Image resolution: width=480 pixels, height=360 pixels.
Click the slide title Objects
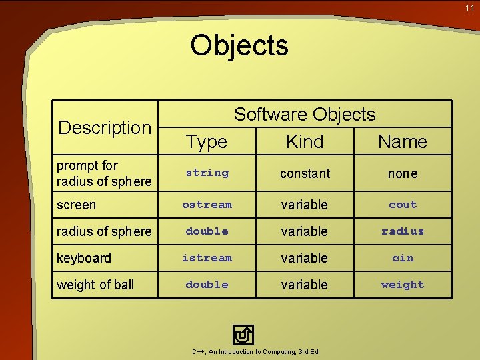click(x=239, y=45)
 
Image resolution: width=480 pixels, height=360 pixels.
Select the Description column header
click(x=105, y=127)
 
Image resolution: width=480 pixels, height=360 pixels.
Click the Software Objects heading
click(x=305, y=115)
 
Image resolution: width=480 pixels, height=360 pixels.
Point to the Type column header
click(x=207, y=141)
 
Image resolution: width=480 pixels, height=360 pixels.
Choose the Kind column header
click(x=305, y=141)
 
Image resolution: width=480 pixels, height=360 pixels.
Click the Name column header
click(x=402, y=141)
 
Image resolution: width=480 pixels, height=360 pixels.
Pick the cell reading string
click(x=207, y=173)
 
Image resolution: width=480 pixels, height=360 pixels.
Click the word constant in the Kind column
click(x=305, y=173)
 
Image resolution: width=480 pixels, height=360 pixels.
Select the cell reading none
click(x=403, y=173)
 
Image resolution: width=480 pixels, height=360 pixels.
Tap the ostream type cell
click(x=207, y=205)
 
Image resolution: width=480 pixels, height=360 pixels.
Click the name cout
click(x=403, y=205)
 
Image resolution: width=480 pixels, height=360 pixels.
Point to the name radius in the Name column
click(x=403, y=231)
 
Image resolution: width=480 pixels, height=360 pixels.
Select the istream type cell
click(x=207, y=258)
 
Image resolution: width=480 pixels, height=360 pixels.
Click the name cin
click(x=403, y=258)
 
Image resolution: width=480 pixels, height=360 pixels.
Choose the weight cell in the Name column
click(x=403, y=285)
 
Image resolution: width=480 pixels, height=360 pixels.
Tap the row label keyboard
click(x=84, y=258)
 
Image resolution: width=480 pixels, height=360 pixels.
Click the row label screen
click(x=76, y=205)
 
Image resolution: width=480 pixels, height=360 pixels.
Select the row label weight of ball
click(x=95, y=285)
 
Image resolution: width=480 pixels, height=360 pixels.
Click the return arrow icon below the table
click(x=243, y=335)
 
